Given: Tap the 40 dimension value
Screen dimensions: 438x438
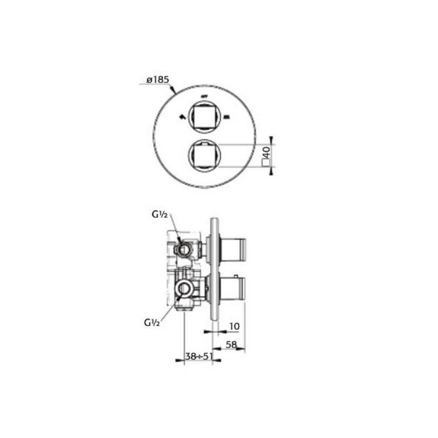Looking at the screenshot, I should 267,152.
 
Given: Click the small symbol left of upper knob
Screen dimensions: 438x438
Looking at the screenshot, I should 184,116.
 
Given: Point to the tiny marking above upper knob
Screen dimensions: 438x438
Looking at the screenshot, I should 205,97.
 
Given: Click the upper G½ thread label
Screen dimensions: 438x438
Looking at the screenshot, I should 159,215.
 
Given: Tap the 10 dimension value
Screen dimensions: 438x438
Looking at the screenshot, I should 233,326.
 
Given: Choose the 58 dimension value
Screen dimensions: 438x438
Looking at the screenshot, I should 233,345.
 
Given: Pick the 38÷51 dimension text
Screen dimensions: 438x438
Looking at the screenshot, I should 199,357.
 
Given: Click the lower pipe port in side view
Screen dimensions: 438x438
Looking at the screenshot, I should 184,289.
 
